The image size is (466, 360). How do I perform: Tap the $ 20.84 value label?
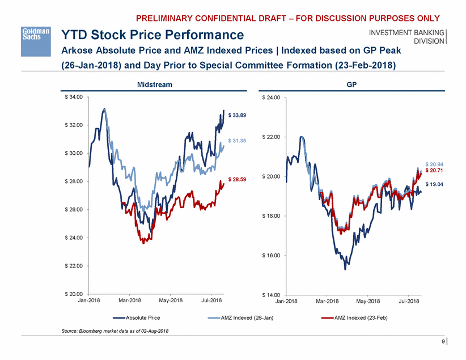coord(434,164)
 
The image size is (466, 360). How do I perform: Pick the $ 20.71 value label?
coord(434,170)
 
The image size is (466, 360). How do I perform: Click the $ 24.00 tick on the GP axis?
coord(272,98)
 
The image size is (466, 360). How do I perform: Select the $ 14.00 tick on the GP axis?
coord(272,295)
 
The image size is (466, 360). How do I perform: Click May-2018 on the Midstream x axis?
coord(171,300)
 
